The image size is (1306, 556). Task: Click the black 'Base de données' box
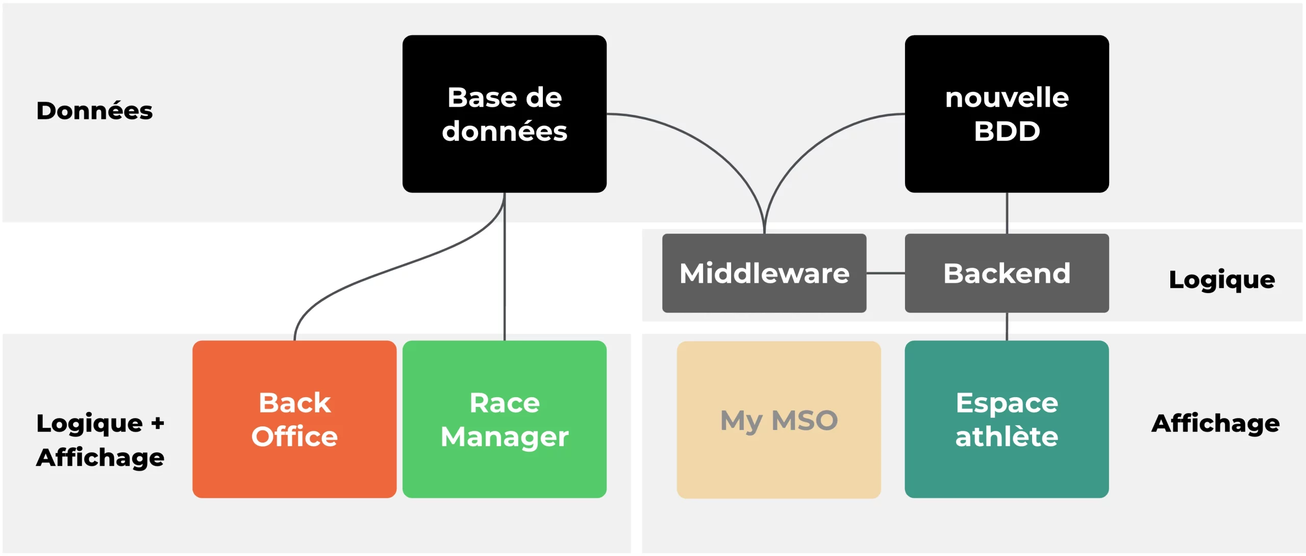[504, 114]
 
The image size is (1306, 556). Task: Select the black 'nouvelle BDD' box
[1007, 114]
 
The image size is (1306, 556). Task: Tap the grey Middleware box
[764, 273]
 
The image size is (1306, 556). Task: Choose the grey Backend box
[1007, 273]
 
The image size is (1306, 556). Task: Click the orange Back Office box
[294, 419]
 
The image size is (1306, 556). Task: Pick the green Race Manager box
[504, 419]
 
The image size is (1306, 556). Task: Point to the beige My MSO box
[778, 420]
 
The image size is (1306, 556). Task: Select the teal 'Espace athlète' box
[1007, 419]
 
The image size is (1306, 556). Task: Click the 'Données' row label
[94, 111]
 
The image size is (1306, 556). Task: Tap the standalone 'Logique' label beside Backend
[1222, 280]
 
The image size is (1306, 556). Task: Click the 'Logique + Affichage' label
[100, 440]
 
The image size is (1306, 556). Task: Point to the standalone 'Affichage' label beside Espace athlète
[1215, 424]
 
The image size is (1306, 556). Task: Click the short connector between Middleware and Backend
[886, 273]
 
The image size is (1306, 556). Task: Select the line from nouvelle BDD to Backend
[1007, 213]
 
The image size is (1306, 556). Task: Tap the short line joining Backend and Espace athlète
[1007, 326]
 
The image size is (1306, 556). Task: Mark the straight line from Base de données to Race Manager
[505, 267]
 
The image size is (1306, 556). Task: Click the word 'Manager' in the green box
[504, 438]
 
